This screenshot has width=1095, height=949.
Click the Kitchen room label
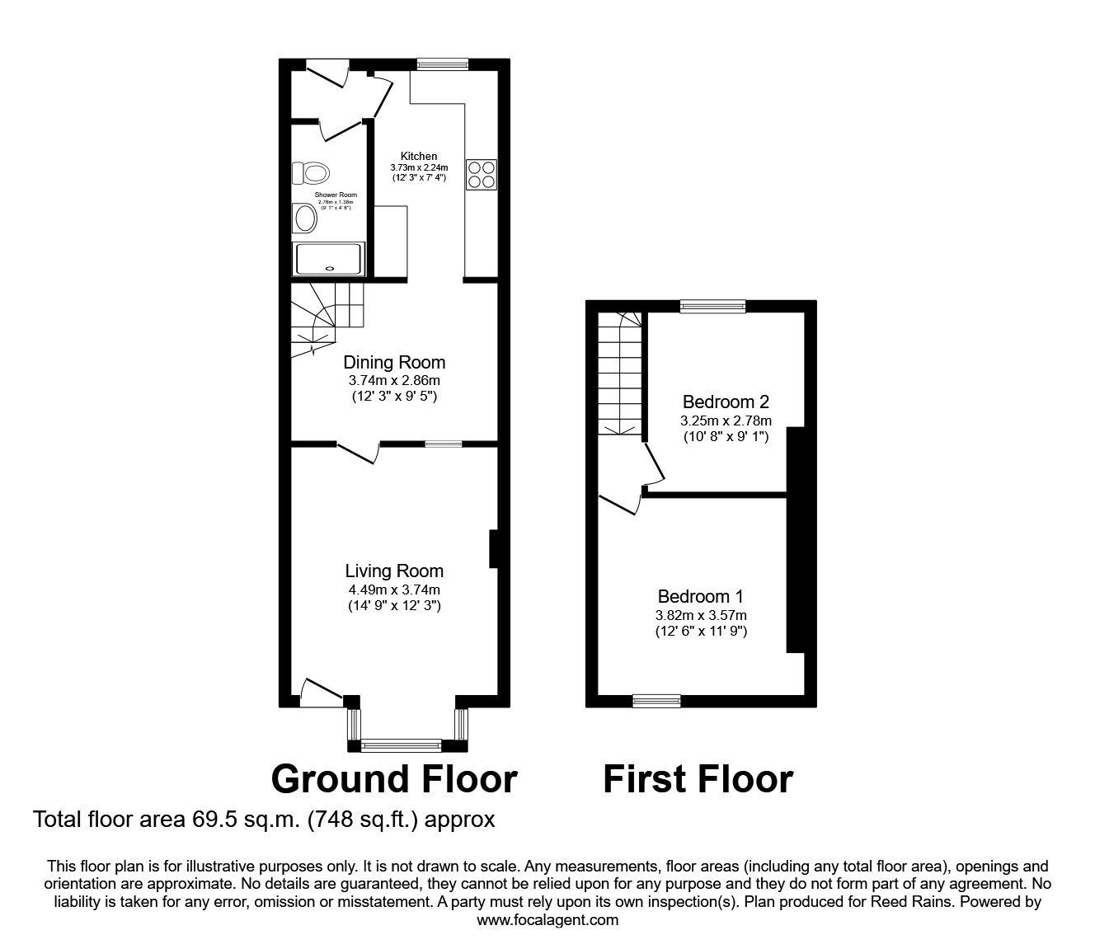[419, 156]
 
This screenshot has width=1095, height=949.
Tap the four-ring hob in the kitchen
[482, 174]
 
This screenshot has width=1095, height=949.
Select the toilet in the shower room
[311, 173]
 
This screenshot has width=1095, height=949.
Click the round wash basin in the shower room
[305, 220]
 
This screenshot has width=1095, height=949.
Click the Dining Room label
[394, 362]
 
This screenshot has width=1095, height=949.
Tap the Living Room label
[394, 571]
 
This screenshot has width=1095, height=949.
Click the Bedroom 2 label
[726, 402]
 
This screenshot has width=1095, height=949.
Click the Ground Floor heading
[394, 778]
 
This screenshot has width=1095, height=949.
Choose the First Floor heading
[698, 778]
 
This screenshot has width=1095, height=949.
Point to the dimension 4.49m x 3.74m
[394, 590]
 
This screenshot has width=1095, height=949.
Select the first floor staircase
[620, 375]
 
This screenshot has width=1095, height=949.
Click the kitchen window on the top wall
[442, 63]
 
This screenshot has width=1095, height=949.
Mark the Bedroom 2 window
[712, 307]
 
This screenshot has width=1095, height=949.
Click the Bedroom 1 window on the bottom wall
[656, 701]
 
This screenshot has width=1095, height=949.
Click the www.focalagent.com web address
[547, 920]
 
